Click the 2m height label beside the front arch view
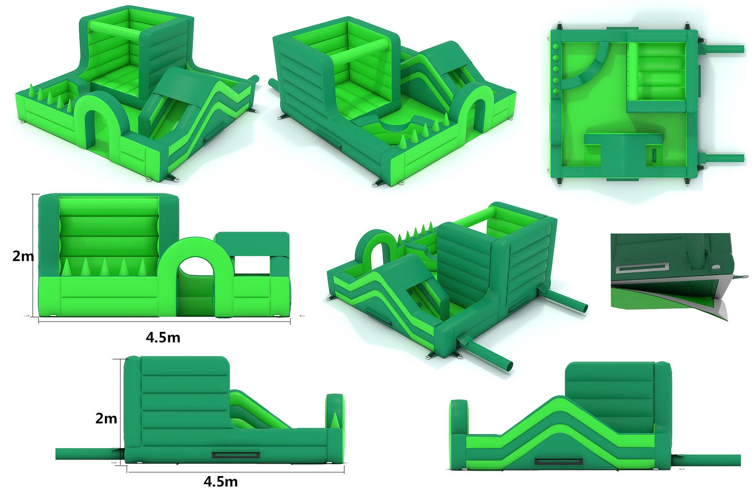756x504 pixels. (23, 256)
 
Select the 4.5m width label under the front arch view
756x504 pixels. (163, 338)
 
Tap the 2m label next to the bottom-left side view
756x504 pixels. (106, 418)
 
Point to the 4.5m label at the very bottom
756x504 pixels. (220, 482)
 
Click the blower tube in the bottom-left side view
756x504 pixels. (88, 454)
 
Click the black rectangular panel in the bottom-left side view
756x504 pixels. (236, 455)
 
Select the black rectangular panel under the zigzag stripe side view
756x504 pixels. (559, 462)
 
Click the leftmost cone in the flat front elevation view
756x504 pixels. (67, 268)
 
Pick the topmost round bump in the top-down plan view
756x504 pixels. (556, 47)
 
